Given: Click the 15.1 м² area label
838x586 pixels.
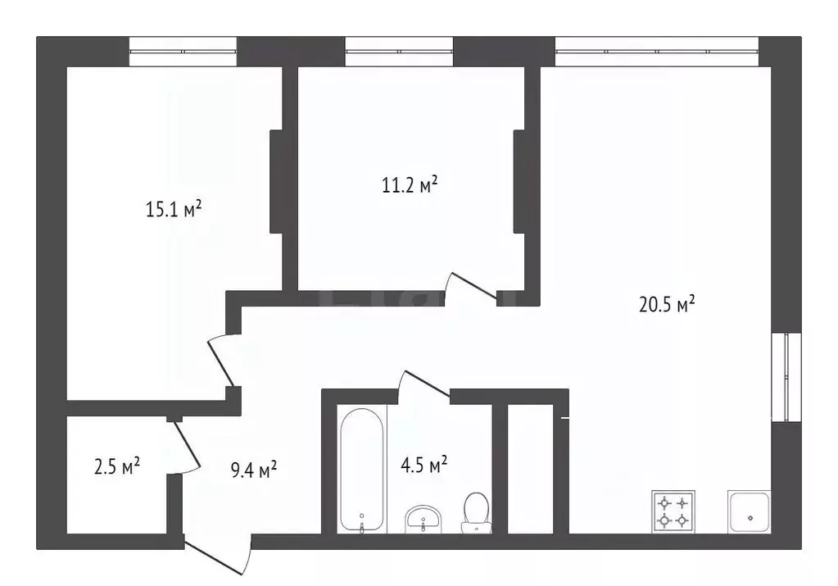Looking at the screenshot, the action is (x=174, y=208).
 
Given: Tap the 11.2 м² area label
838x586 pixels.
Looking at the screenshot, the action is (x=410, y=184).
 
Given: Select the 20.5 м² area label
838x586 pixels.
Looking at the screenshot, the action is (x=667, y=304).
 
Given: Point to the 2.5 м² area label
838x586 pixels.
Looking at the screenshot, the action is (x=117, y=466).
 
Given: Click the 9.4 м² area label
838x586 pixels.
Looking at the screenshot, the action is (x=254, y=470).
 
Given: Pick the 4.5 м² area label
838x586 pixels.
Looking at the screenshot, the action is (x=424, y=464).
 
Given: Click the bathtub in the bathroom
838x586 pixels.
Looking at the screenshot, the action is (x=362, y=470).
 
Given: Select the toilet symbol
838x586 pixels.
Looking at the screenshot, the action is (x=476, y=513).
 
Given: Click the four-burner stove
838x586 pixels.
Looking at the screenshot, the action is (x=673, y=511).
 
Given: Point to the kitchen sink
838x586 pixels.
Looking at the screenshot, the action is (x=749, y=511).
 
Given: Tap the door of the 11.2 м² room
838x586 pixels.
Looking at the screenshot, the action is (x=471, y=287).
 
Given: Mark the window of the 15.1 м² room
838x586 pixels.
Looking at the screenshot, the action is (x=183, y=52).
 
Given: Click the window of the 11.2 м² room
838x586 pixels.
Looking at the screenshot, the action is (x=399, y=52).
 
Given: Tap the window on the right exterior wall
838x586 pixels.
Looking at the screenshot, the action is (x=786, y=378).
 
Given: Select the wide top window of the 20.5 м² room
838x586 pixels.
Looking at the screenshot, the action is (x=657, y=52).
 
